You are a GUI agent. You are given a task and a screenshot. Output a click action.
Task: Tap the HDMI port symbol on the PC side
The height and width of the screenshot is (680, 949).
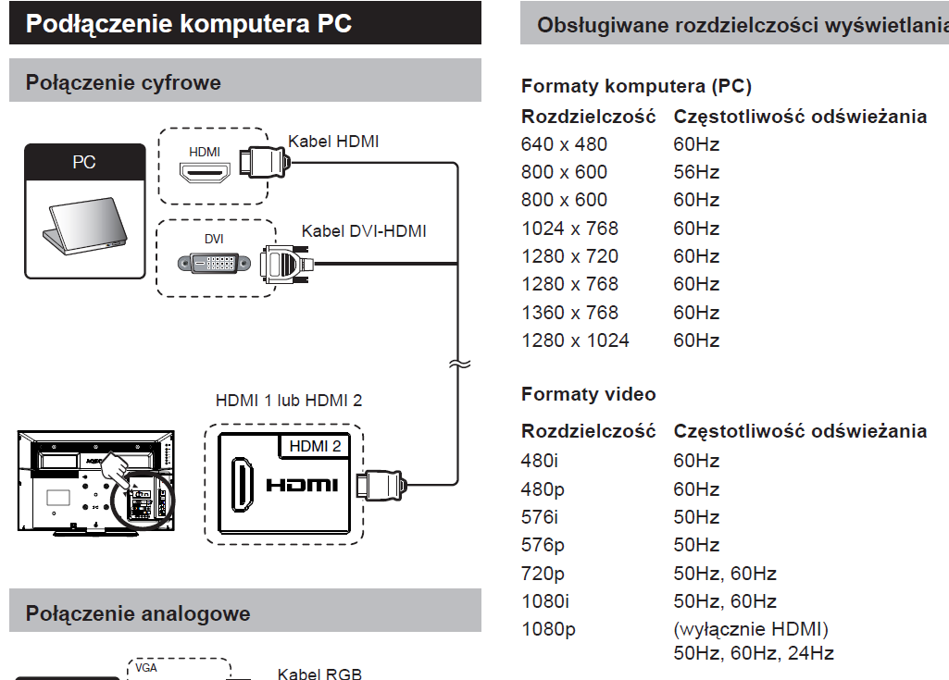pos(205,173)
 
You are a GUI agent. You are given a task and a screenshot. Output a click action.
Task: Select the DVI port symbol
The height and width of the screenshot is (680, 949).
pos(214,263)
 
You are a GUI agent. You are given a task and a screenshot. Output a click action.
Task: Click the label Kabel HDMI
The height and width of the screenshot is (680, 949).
pos(333,142)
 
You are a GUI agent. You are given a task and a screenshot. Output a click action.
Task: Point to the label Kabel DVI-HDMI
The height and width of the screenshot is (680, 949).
pos(364,231)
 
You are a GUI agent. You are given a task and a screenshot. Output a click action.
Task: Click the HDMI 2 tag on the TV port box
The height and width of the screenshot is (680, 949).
pos(315,446)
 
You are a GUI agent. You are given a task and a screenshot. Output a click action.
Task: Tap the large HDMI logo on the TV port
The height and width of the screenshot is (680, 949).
pos(302,485)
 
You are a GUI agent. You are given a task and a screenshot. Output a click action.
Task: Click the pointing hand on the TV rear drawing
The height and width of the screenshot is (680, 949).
pos(115,469)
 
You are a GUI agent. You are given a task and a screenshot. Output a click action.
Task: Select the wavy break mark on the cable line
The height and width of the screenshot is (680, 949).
pos(459,365)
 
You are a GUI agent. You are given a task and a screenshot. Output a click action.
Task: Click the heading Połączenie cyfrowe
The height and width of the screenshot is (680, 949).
pos(123,82)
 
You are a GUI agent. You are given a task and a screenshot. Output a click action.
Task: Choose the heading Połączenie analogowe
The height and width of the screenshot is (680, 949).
pos(138,613)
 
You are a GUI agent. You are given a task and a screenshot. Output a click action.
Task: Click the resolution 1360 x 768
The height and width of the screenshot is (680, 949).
pos(569,312)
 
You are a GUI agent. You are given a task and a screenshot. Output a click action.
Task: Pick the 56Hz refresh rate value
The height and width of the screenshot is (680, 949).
pos(696,172)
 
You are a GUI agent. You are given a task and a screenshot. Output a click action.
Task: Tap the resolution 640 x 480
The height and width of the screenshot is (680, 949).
pos(564,144)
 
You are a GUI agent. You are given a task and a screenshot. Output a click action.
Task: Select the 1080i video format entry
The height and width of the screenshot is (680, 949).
pos(545,600)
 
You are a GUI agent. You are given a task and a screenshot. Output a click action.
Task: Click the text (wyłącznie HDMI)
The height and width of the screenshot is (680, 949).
pos(751,629)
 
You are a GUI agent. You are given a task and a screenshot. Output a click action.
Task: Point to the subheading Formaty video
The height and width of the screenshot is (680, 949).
pos(588,394)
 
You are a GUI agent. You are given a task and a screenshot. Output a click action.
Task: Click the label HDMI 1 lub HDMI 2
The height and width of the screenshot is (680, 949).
pos(289,401)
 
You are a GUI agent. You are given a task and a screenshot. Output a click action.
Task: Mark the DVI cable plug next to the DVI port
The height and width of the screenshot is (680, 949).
pos(287,264)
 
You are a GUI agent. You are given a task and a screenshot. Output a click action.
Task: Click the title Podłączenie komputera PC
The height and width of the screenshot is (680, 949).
pos(189,24)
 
